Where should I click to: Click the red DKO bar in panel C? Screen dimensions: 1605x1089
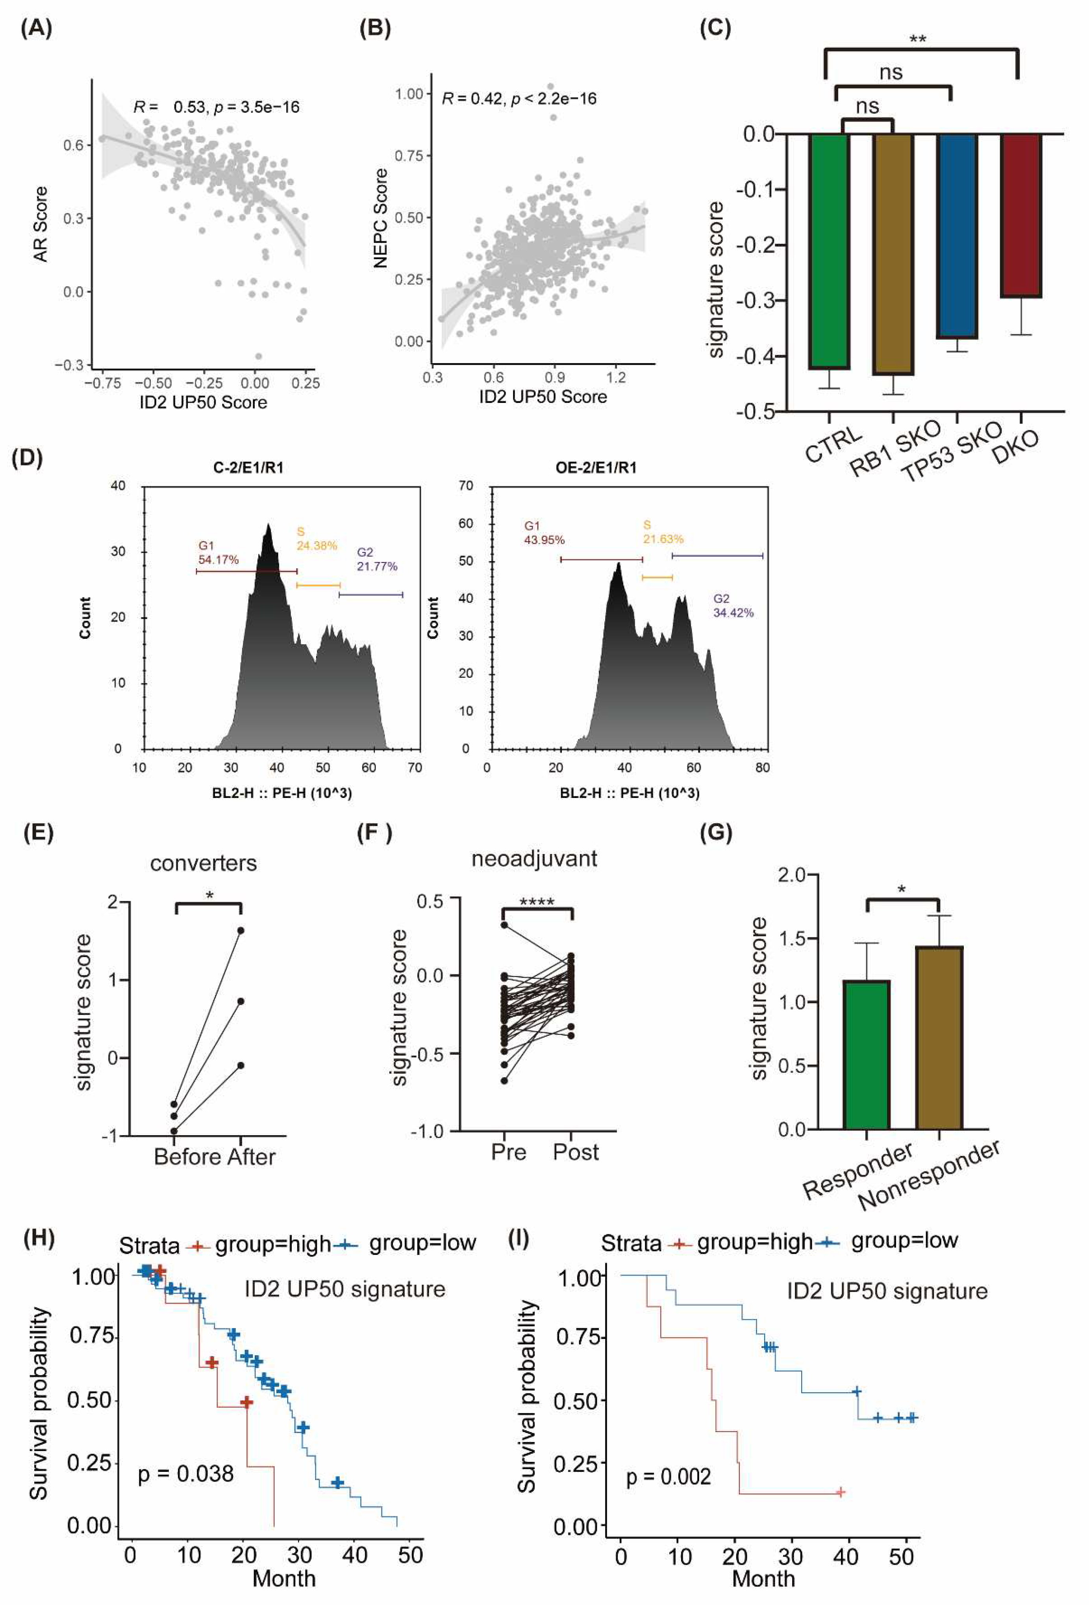1020,215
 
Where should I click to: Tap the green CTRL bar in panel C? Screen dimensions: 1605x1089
829,250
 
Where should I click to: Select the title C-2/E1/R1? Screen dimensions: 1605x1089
248,468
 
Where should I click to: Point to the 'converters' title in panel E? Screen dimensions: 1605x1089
203,863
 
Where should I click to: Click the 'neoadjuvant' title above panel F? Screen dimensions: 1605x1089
534,859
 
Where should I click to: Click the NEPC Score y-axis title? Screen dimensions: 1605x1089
380,218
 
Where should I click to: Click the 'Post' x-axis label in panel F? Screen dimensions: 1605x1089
575,1152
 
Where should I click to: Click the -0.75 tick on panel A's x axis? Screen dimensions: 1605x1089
102,383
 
